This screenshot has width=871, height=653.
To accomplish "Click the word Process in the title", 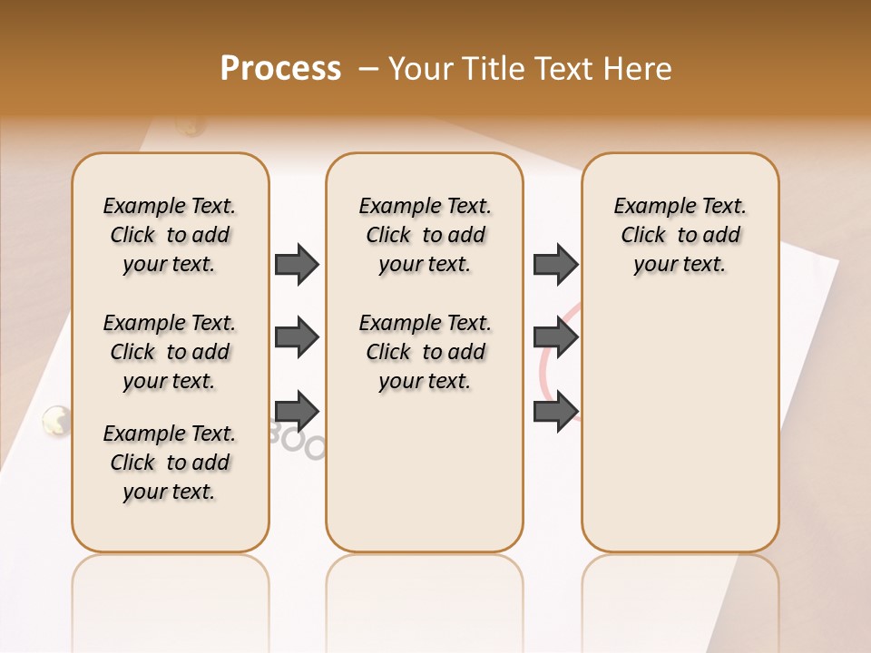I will (280, 69).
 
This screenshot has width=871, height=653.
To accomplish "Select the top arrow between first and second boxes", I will (297, 264).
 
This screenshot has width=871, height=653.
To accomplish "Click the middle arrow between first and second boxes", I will (297, 337).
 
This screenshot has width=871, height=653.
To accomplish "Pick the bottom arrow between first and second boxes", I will (297, 411).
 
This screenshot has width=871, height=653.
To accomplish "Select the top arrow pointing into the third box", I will (555, 264).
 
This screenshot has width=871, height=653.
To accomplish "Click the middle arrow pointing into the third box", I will (555, 337).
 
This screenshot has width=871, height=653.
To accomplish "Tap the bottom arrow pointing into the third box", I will (555, 411).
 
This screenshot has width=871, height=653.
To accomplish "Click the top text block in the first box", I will (170, 235).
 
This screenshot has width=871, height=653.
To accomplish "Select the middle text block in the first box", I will (170, 352).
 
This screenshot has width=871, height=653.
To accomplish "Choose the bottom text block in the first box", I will (170, 463).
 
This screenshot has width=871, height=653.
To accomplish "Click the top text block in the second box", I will (425, 235).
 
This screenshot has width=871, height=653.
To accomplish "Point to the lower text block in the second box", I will (425, 352).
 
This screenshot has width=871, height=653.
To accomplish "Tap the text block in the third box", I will (680, 235).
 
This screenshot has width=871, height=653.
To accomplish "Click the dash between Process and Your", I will (369, 69).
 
